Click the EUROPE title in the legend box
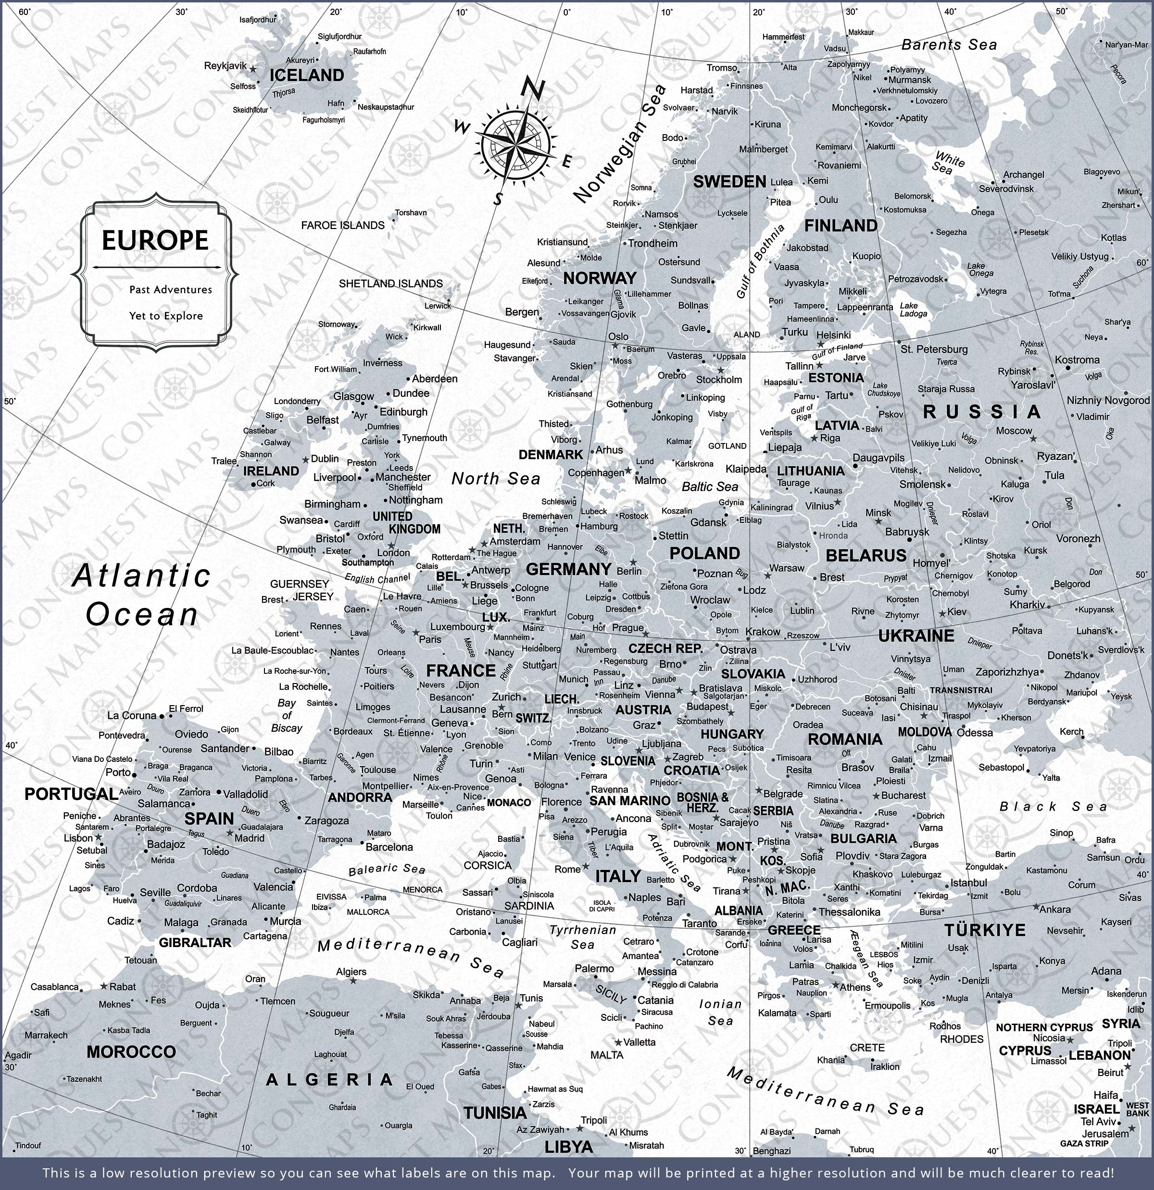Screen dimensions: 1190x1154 pyautogui.click(x=155, y=241)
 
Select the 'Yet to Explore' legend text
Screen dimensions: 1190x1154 pyautogui.click(x=166, y=316)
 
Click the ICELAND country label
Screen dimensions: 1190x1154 pyautogui.click(x=307, y=76)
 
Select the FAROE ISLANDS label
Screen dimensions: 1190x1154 pyautogui.click(x=342, y=225)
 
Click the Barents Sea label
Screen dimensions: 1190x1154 pyautogui.click(x=949, y=45)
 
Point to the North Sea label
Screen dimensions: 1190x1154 pyautogui.click(x=496, y=479)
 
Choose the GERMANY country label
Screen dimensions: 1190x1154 pyautogui.click(x=568, y=569)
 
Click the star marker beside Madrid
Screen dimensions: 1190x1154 pyautogui.click(x=230, y=834)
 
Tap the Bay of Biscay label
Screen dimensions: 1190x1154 pyautogui.click(x=287, y=715)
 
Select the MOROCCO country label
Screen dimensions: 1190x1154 pyautogui.click(x=131, y=1051)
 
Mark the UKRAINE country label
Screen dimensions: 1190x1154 pyautogui.click(x=916, y=636)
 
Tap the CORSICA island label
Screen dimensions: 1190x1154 pyautogui.click(x=488, y=865)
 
